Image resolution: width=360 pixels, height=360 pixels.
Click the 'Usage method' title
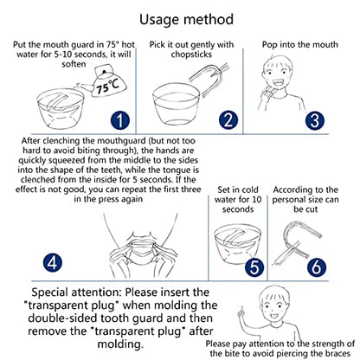tap(186, 20)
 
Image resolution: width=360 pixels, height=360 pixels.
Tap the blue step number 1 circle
tap(120, 120)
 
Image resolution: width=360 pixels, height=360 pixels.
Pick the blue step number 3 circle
tap(315, 120)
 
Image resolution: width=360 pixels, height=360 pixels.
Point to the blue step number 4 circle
tap(53, 262)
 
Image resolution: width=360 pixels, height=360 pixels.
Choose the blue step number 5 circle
tap(254, 267)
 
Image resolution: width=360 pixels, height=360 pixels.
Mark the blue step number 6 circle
tap(317, 267)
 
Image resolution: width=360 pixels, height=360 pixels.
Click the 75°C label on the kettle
tap(106, 86)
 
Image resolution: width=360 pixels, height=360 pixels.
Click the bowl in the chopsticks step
tap(176, 104)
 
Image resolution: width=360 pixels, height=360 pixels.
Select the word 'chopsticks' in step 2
tap(191, 55)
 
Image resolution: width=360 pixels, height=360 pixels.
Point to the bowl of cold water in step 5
tap(238, 245)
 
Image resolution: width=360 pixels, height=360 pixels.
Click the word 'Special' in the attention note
tap(49, 292)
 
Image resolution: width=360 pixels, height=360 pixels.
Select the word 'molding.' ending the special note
tap(120, 344)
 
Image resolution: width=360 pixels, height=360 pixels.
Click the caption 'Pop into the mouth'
tap(300, 45)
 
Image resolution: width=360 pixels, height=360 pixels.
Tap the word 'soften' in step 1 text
tap(74, 64)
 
